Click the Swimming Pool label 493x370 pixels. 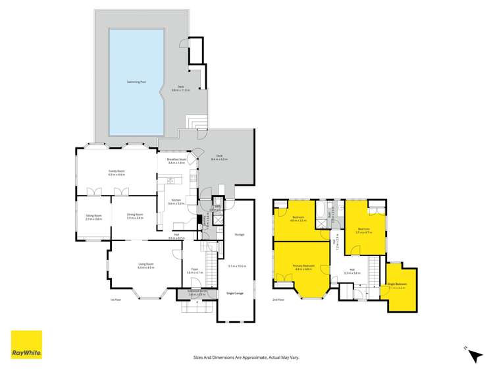[136, 82]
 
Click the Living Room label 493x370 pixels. [145, 265]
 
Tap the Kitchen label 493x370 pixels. [176, 201]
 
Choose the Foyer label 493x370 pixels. [195, 269]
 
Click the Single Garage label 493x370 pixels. [234, 292]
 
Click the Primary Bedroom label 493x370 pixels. [303, 265]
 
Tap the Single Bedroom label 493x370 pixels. [398, 284]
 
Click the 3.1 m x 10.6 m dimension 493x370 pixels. [237, 266]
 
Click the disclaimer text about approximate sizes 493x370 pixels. [246, 357]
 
